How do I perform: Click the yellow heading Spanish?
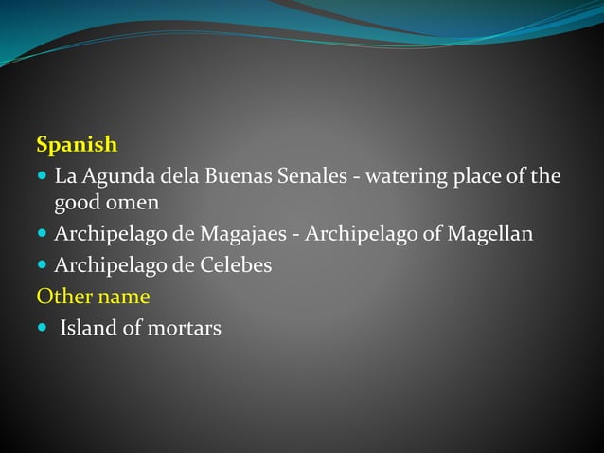[x=77, y=145]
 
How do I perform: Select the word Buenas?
[x=241, y=176]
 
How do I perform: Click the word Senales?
[x=315, y=176]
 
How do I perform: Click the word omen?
[x=135, y=203]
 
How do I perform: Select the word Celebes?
[x=233, y=265]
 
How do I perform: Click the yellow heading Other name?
[x=93, y=297]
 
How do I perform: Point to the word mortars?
[x=182, y=329]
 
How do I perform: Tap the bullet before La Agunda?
[x=42, y=177]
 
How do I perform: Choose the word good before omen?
[x=77, y=204]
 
